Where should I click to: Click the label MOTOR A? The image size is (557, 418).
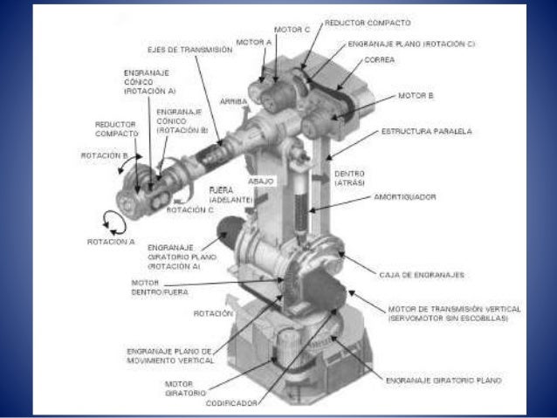[254, 41]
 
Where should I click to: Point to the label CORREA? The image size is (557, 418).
[382, 60]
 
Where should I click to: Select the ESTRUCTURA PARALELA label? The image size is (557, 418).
[426, 132]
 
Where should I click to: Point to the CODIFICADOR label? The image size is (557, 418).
[232, 403]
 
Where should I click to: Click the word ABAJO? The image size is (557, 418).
[261, 181]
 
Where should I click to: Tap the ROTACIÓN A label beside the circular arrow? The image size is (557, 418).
[111, 242]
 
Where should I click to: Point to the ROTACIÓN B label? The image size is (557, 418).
[111, 155]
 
